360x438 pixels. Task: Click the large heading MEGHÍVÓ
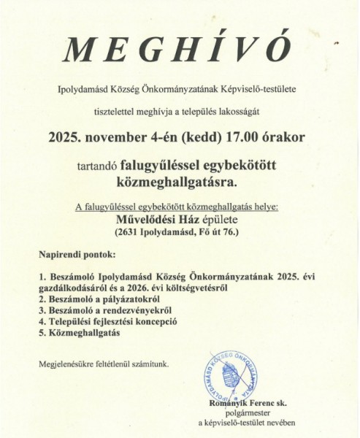coord(178,50)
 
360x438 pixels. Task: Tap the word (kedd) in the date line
coord(185,137)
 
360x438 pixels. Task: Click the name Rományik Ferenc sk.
coord(247,402)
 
